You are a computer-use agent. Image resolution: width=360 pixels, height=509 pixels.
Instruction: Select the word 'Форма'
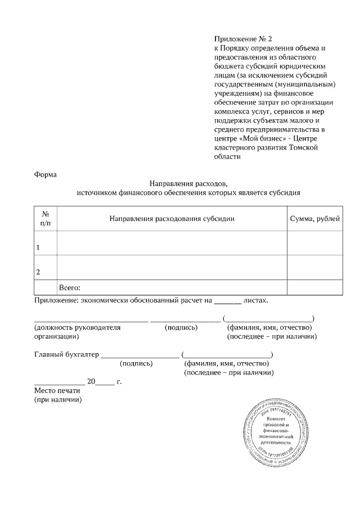click(x=46, y=174)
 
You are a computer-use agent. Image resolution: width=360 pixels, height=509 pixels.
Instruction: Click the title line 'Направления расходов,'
click(x=188, y=183)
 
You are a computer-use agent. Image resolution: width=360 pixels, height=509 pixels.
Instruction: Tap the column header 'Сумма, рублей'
click(x=314, y=218)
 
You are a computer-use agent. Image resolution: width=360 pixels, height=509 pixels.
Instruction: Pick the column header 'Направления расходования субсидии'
click(x=172, y=218)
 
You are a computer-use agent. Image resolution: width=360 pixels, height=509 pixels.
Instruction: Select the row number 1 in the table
click(x=38, y=247)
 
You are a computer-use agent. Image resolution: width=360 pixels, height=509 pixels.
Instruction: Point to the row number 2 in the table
click(x=38, y=272)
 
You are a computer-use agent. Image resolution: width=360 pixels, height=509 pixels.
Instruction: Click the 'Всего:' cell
click(x=70, y=287)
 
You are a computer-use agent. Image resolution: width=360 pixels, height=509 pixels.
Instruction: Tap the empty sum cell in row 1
click(x=314, y=243)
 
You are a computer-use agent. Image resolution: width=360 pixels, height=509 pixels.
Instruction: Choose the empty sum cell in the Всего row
click(x=314, y=287)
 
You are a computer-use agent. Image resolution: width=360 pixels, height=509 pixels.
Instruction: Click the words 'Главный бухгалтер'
click(x=66, y=355)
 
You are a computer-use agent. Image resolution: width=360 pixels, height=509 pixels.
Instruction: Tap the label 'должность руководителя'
click(x=77, y=327)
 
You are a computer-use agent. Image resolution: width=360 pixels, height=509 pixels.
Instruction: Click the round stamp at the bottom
click(x=277, y=432)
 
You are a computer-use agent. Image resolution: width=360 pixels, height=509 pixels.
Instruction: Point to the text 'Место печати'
click(x=58, y=391)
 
